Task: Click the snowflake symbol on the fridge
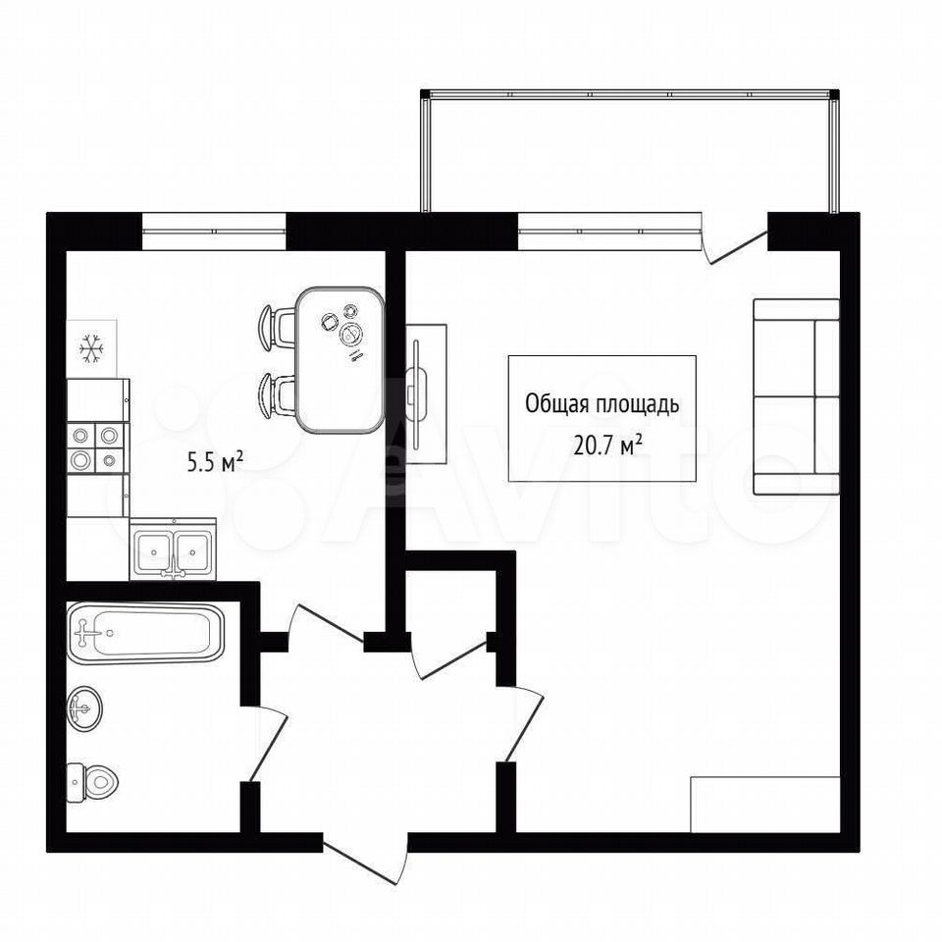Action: pyautogui.click(x=92, y=348)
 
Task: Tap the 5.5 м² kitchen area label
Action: pyautogui.click(x=215, y=462)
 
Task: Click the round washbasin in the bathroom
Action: pyautogui.click(x=84, y=708)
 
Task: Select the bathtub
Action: pyautogui.click(x=145, y=633)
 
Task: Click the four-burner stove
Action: pyautogui.click(x=97, y=447)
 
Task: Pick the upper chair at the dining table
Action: pyautogui.click(x=277, y=328)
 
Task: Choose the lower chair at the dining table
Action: pyautogui.click(x=277, y=394)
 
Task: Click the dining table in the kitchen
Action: pyautogui.click(x=340, y=360)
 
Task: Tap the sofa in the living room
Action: pyautogui.click(x=796, y=396)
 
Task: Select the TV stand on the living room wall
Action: pyautogui.click(x=426, y=394)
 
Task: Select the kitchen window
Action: pyautogui.click(x=214, y=231)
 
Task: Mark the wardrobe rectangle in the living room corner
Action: pyautogui.click(x=764, y=805)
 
